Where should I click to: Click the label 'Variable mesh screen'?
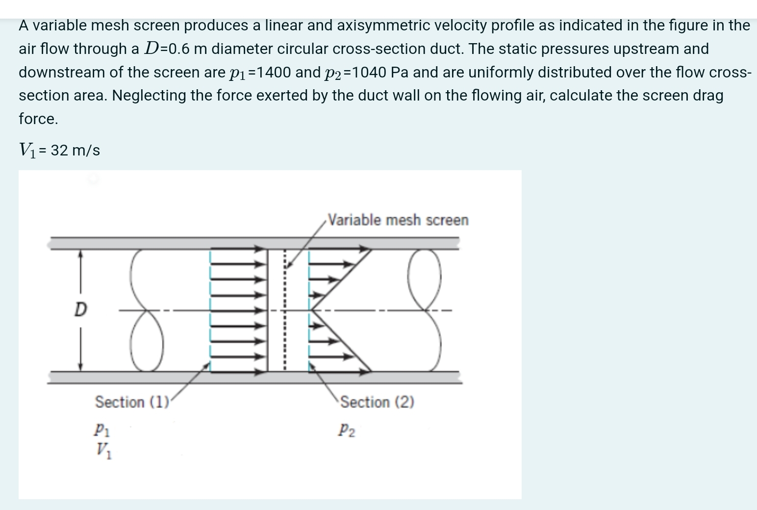click(398, 220)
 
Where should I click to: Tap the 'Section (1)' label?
click(131, 402)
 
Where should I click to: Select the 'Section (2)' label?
click(377, 402)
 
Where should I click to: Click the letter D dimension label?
click(80, 309)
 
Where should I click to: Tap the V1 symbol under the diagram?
click(103, 449)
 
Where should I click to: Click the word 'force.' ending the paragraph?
click(38, 119)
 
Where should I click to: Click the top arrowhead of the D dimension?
click(81, 254)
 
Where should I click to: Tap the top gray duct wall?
click(255, 243)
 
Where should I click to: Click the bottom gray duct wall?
click(255, 377)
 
